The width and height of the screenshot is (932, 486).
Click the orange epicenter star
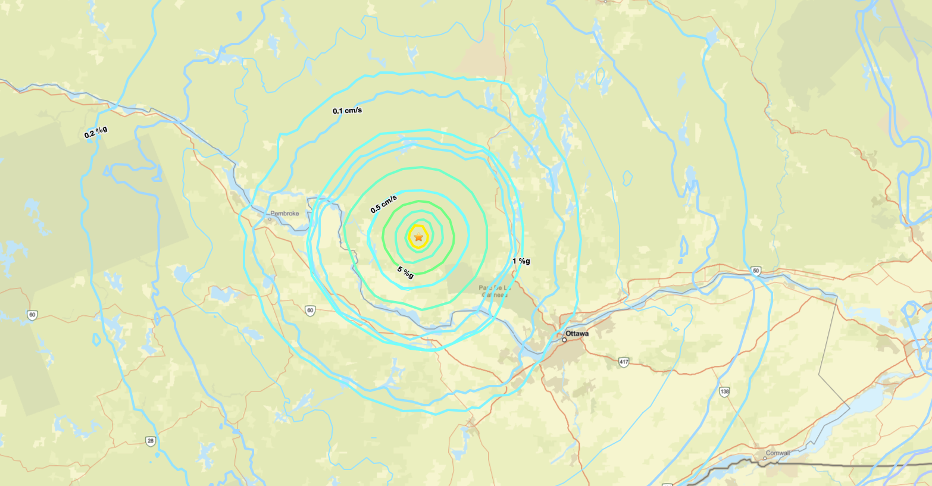coord(418,237)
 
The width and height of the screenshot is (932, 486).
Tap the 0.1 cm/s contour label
coord(347,111)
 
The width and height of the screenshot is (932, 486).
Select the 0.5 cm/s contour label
coord(383,203)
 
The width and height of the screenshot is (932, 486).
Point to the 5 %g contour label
coord(405,272)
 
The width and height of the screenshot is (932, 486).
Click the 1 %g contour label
coord(521,261)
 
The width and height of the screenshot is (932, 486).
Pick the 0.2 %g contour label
coord(96,132)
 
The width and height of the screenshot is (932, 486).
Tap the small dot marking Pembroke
coord(269,219)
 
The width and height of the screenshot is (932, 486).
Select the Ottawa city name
coord(577,334)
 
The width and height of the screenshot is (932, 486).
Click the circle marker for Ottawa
coord(564,340)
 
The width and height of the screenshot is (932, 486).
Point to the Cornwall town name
coord(778,453)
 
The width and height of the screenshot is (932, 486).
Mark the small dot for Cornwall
coord(765,459)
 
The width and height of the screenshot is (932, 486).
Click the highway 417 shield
coord(623,362)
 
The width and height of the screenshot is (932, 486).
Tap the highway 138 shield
coord(724,391)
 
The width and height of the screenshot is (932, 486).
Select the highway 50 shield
coord(756,271)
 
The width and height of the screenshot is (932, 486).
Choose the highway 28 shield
coord(151,441)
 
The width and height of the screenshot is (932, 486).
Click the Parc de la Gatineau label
coord(495,291)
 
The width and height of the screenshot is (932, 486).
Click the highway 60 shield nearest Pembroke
coord(309,311)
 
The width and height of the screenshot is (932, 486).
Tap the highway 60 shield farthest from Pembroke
coord(32,315)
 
